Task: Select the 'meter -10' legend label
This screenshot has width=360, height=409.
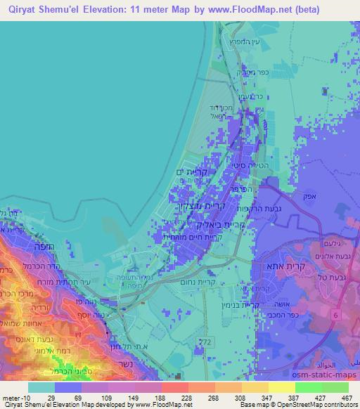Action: pos(15,397)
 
